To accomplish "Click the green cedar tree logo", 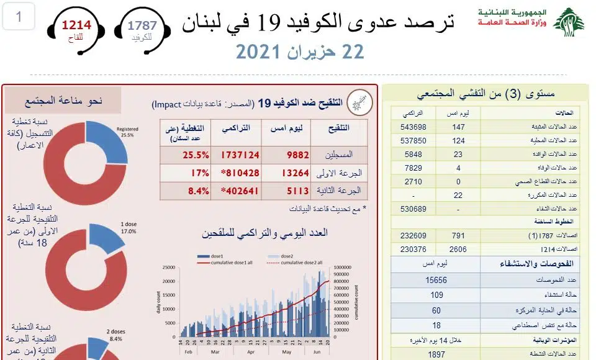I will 569,22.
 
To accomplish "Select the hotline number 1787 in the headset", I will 142,25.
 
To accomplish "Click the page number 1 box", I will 19,17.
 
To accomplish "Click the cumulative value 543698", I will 413,127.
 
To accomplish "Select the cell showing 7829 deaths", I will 413,168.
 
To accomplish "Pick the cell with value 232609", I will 413,236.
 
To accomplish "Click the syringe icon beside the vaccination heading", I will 359,102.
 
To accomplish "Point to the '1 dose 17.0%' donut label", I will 128,227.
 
